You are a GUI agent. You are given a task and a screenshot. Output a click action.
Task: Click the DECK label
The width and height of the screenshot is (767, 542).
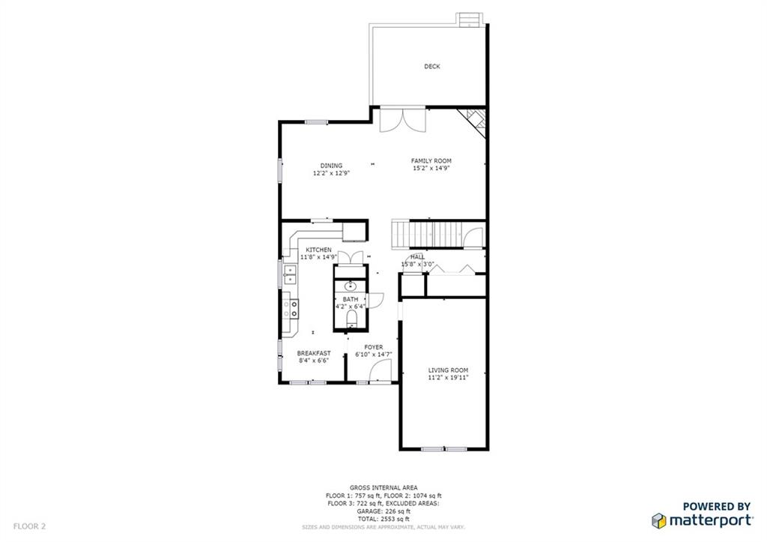[x=432, y=67]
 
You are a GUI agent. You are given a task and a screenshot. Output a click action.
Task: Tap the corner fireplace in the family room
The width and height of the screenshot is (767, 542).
[x=475, y=119]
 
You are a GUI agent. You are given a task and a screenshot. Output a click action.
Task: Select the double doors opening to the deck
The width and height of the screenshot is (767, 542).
[x=403, y=120]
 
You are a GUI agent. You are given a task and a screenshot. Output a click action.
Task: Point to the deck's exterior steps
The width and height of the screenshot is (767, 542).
[x=469, y=19]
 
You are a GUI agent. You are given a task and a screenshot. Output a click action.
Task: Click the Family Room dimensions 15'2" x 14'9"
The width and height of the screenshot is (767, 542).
[x=431, y=169]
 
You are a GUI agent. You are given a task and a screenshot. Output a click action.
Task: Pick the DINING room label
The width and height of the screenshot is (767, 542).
[x=331, y=166]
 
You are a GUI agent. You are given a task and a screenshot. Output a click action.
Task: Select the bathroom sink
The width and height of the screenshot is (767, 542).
[x=351, y=286]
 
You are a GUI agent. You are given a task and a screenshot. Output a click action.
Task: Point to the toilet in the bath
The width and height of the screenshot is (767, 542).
[x=351, y=320]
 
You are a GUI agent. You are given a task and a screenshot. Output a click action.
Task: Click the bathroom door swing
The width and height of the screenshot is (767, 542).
[x=376, y=299]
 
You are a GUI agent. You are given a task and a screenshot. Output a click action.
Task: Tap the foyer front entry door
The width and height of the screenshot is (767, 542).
[x=381, y=370]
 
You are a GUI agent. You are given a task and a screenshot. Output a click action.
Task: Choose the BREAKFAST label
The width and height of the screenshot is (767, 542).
[x=313, y=353]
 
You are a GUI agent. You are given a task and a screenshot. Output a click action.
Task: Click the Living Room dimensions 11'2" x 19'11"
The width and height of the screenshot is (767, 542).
[x=448, y=378]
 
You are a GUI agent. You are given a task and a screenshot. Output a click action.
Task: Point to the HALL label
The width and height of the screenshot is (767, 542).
[x=417, y=256]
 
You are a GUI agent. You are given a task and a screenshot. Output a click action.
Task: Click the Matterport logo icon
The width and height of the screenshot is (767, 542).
[x=659, y=520]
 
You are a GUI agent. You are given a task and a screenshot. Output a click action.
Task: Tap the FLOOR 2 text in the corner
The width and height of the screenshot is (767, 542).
[x=29, y=527]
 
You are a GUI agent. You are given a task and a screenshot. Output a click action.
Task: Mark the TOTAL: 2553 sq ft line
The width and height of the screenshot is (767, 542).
[x=383, y=519]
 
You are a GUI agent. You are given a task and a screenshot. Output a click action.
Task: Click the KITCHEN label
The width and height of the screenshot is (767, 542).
[x=318, y=250]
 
